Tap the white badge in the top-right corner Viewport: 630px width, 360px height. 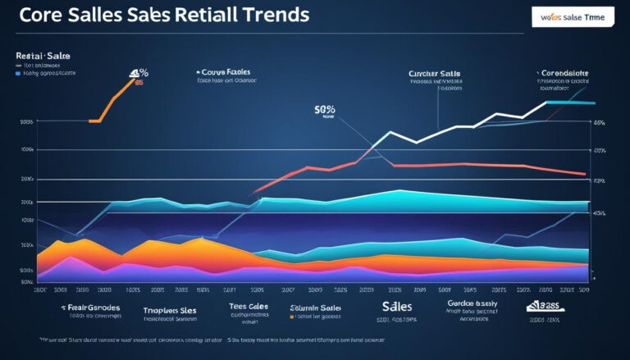coord(573,16)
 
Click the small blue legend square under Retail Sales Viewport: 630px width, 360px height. coord(17,73)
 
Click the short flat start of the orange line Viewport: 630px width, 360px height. coord(94,121)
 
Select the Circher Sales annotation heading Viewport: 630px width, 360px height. coord(435,73)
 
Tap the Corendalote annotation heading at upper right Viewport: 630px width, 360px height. coord(565,72)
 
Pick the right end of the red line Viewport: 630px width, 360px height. coord(584,174)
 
